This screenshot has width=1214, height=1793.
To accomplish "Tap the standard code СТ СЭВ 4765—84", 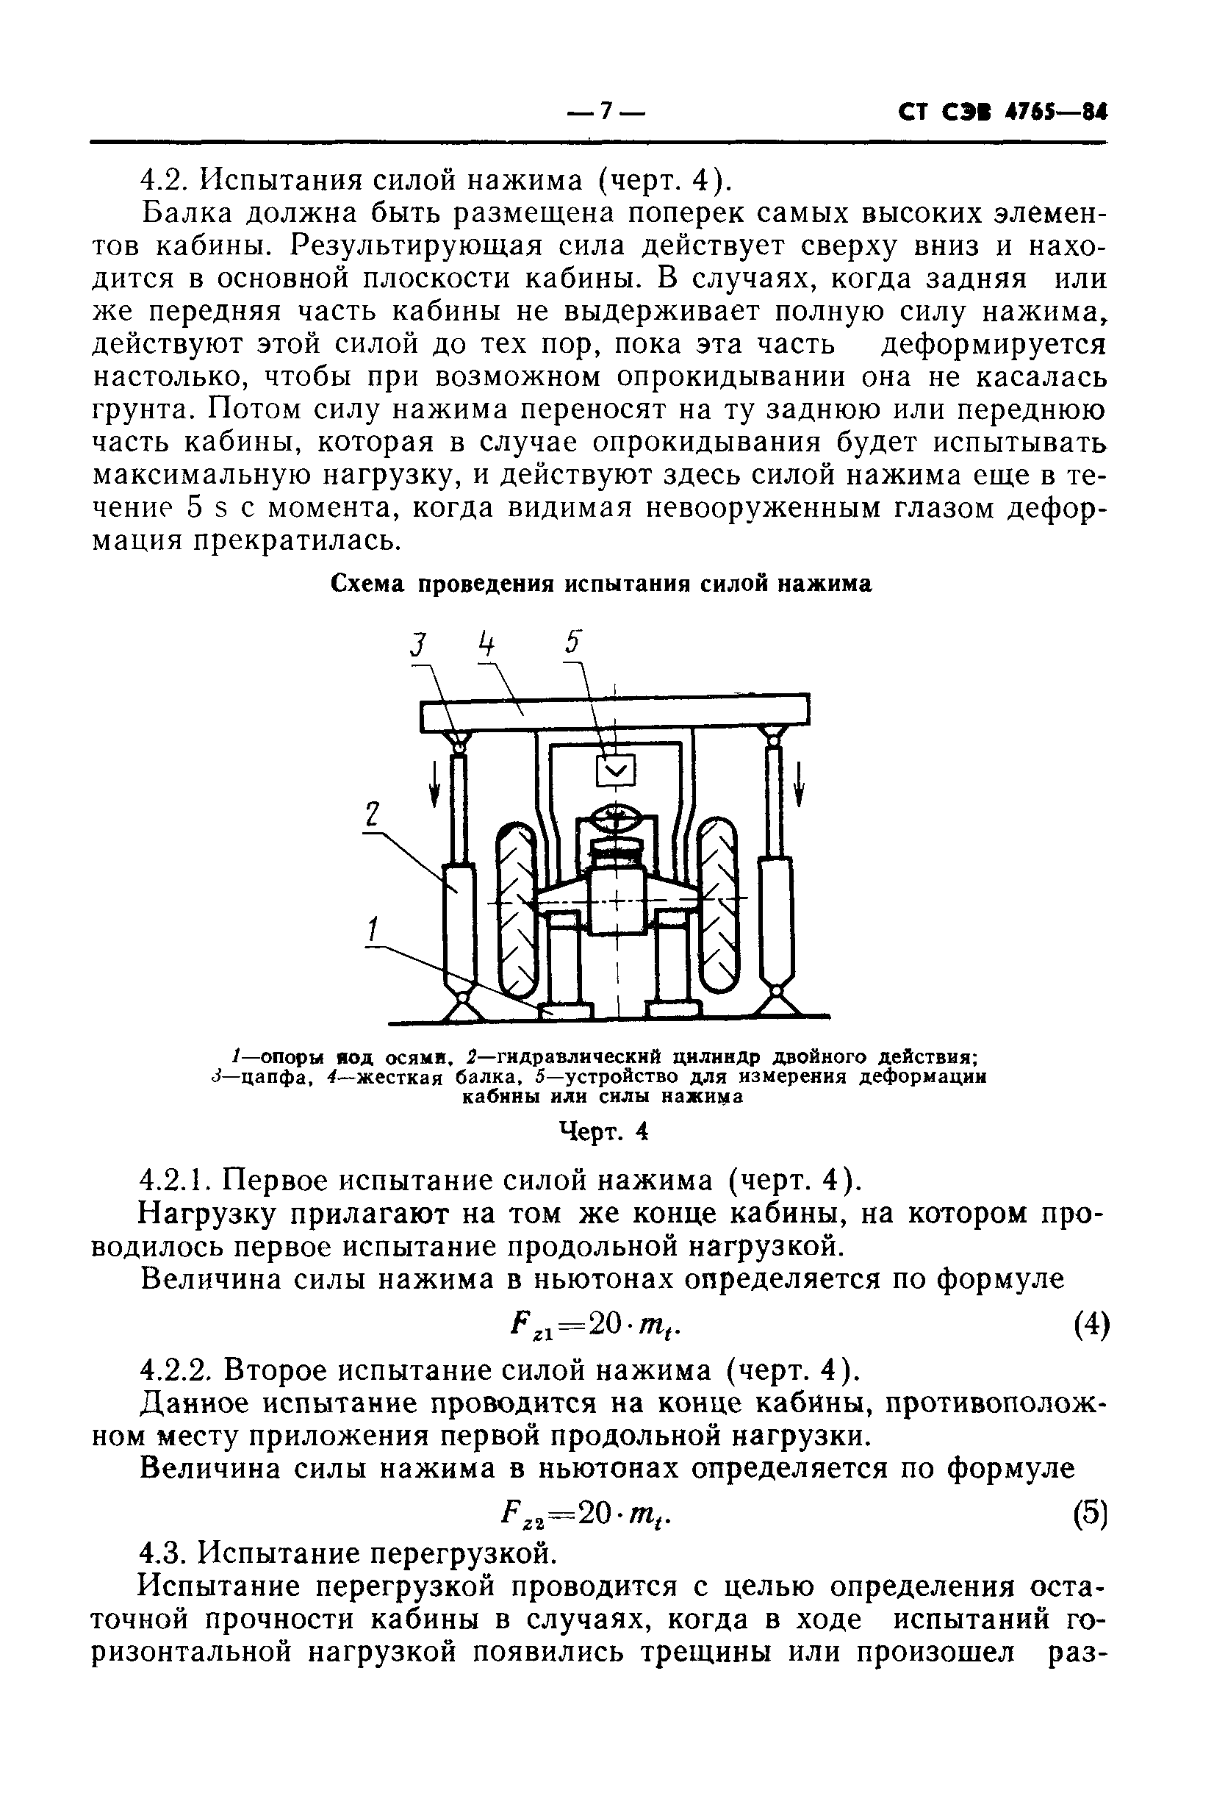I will pyautogui.click(x=1002, y=113).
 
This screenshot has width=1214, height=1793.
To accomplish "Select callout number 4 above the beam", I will pyautogui.click(x=484, y=643).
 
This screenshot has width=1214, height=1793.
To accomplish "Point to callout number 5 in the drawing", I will pyautogui.click(x=573, y=642).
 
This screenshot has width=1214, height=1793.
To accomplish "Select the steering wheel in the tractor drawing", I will pyautogui.click(x=616, y=820).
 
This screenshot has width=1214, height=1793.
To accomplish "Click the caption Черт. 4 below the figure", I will pyautogui.click(x=603, y=1131).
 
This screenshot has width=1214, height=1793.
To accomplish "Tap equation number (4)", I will pyautogui.click(x=1091, y=1326).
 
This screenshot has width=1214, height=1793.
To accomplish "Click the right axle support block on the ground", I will pyautogui.click(x=673, y=1009).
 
